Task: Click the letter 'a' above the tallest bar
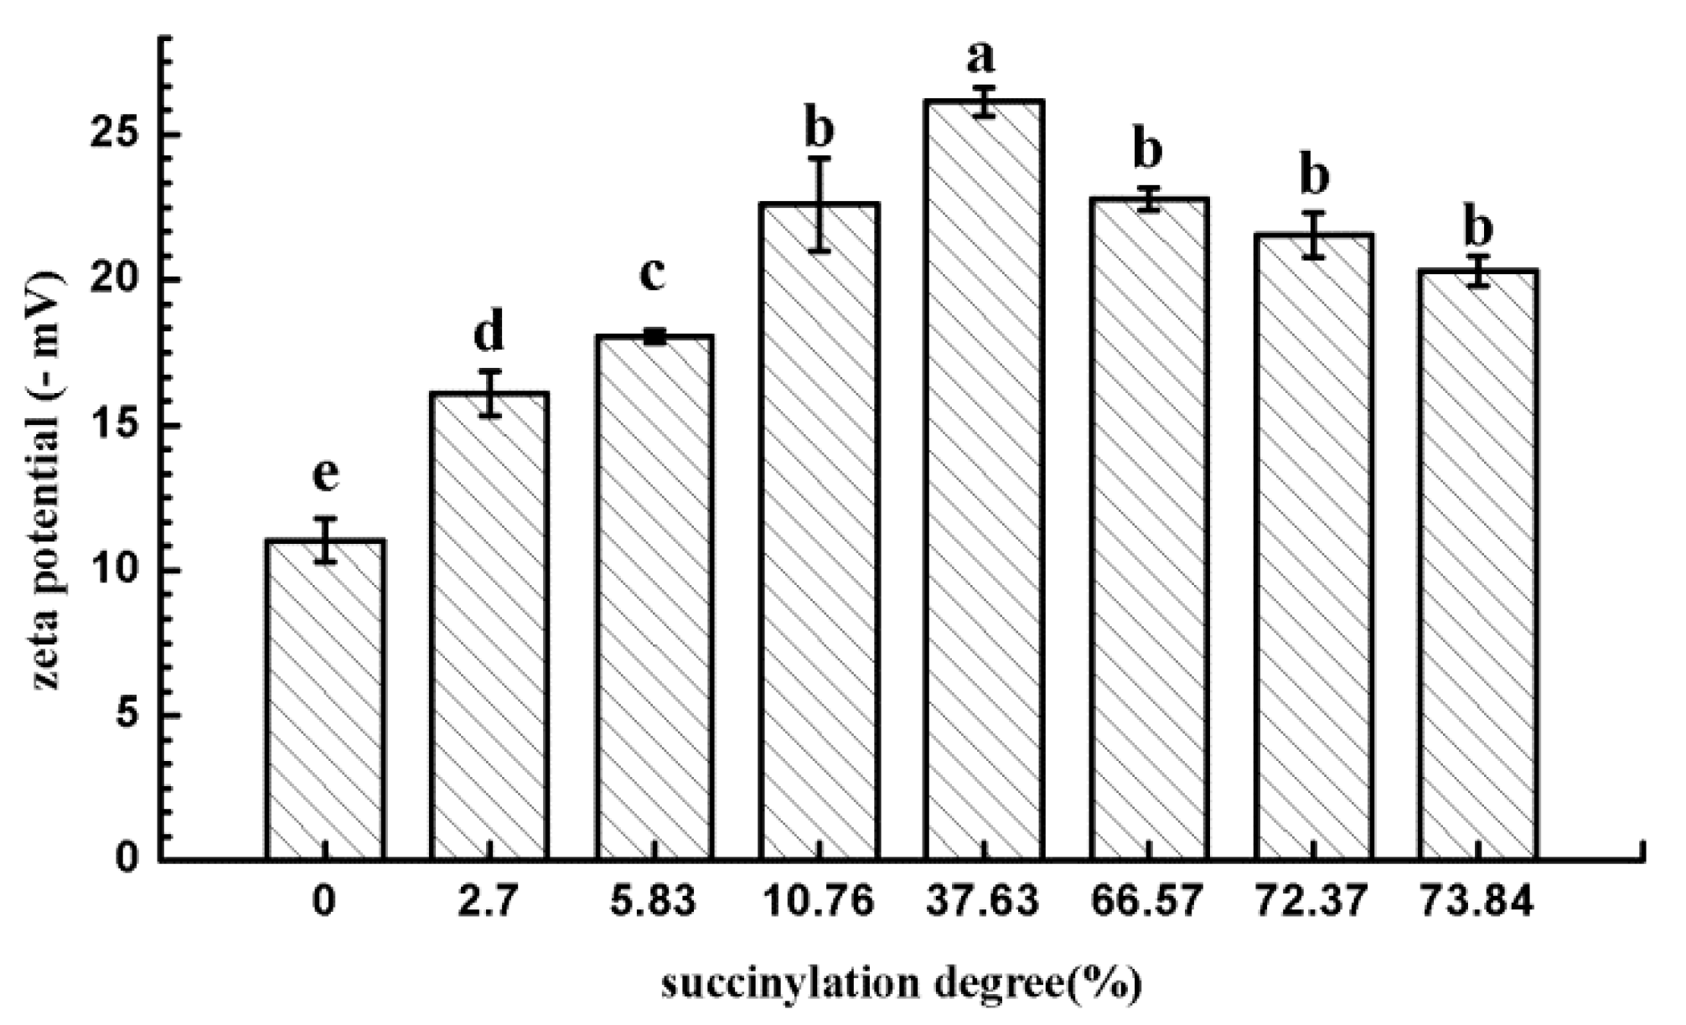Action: click(x=981, y=57)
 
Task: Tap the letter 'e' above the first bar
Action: click(x=325, y=475)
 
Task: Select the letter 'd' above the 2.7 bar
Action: click(x=489, y=332)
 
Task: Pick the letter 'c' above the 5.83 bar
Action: click(x=653, y=274)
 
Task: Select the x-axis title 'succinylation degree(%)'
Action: click(x=902, y=986)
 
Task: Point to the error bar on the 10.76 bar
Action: click(x=820, y=204)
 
